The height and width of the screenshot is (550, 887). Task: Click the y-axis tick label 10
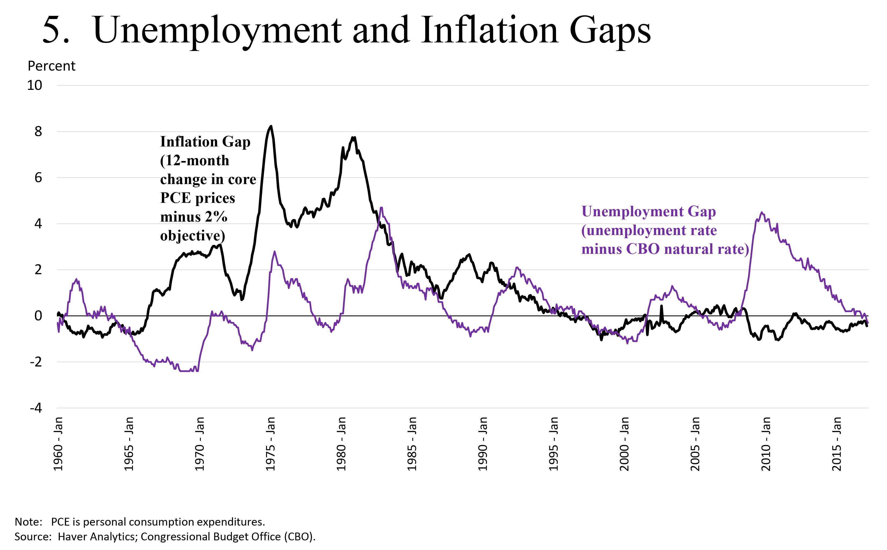(x=35, y=86)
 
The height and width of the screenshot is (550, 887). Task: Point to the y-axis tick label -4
(x=36, y=408)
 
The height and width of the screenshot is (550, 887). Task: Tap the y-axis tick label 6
(x=38, y=178)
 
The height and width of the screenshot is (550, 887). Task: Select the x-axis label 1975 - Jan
(x=270, y=444)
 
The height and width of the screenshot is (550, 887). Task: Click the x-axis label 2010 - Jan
(x=766, y=444)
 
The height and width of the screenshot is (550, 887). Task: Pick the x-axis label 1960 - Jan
(x=58, y=444)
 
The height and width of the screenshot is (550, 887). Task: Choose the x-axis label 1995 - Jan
(x=554, y=444)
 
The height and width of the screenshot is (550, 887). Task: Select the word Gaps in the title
(x=610, y=31)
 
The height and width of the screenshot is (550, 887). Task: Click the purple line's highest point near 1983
(x=381, y=208)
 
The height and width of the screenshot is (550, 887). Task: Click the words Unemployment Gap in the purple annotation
(x=649, y=212)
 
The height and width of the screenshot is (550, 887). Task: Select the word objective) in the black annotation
(x=192, y=236)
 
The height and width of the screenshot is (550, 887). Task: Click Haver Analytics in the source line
(x=97, y=537)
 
